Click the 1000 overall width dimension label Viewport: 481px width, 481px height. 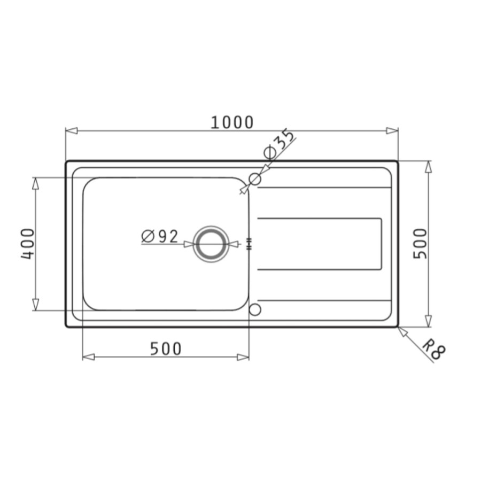tap(232, 122)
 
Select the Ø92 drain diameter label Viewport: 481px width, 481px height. tap(160, 237)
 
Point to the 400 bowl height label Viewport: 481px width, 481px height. tap(28, 244)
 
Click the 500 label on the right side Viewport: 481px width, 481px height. tap(420, 244)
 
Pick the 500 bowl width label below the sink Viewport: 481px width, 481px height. tap(166, 349)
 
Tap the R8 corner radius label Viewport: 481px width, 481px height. tap(433, 349)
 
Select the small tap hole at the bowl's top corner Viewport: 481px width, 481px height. tap(255, 179)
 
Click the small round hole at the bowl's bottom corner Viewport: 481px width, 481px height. tap(255, 310)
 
